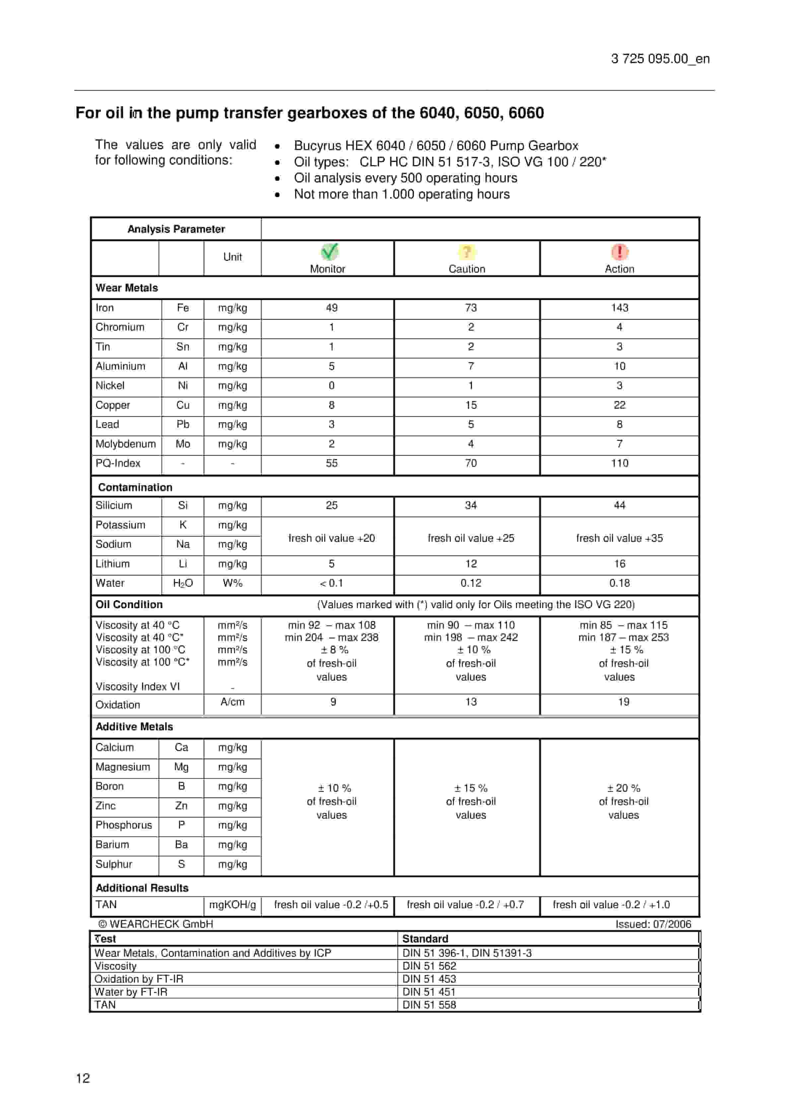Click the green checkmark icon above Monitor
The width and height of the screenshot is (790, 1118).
click(x=329, y=252)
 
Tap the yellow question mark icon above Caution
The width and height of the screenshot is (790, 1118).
click(x=466, y=252)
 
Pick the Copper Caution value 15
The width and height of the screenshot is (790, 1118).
click(x=471, y=405)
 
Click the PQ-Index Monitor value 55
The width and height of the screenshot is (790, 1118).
click(x=331, y=463)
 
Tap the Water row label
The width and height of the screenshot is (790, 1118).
click(x=110, y=583)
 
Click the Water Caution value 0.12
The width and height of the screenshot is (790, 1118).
click(x=471, y=583)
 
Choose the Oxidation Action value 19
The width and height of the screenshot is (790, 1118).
click(x=623, y=702)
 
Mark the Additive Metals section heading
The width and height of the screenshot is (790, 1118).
click(x=134, y=727)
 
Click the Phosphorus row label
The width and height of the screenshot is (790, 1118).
click(x=124, y=825)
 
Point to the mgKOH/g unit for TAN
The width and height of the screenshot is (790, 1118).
click(x=232, y=904)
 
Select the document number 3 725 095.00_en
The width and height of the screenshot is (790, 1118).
click(x=660, y=59)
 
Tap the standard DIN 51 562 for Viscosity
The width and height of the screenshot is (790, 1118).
click(x=429, y=966)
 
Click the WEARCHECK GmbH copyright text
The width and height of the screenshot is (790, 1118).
click(x=156, y=924)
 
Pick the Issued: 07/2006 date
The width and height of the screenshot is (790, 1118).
click(x=653, y=924)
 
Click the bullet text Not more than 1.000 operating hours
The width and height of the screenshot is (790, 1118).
click(x=401, y=194)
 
